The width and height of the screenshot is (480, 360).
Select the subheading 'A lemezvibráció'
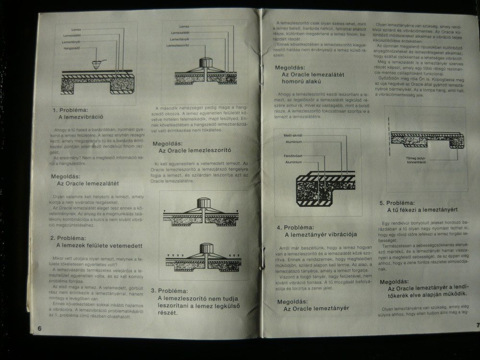click(81, 116)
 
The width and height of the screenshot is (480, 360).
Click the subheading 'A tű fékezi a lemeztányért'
click(421, 210)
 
